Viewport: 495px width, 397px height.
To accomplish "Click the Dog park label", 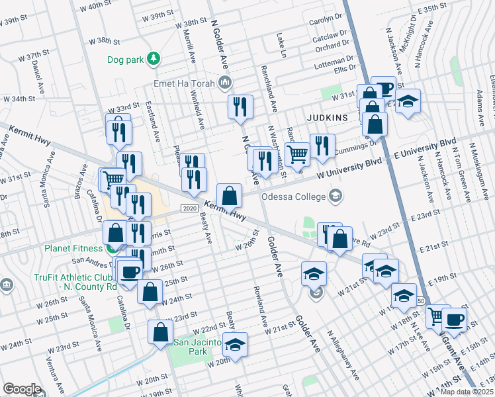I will [126, 60].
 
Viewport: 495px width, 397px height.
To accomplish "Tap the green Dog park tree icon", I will [154, 59].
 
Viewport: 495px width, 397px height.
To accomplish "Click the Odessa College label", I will [294, 197].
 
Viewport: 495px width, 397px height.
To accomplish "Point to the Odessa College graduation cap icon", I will [336, 196].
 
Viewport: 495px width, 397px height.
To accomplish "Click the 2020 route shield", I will [190, 209].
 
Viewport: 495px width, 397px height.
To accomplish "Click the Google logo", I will [22, 389].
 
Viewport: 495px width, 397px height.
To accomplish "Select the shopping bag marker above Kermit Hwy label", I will [229, 195].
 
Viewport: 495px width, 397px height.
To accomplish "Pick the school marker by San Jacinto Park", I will [234, 344].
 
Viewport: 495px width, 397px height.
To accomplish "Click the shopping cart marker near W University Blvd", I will [298, 154].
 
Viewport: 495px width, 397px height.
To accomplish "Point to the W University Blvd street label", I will [350, 168].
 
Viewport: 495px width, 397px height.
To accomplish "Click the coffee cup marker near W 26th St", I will [130, 271].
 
